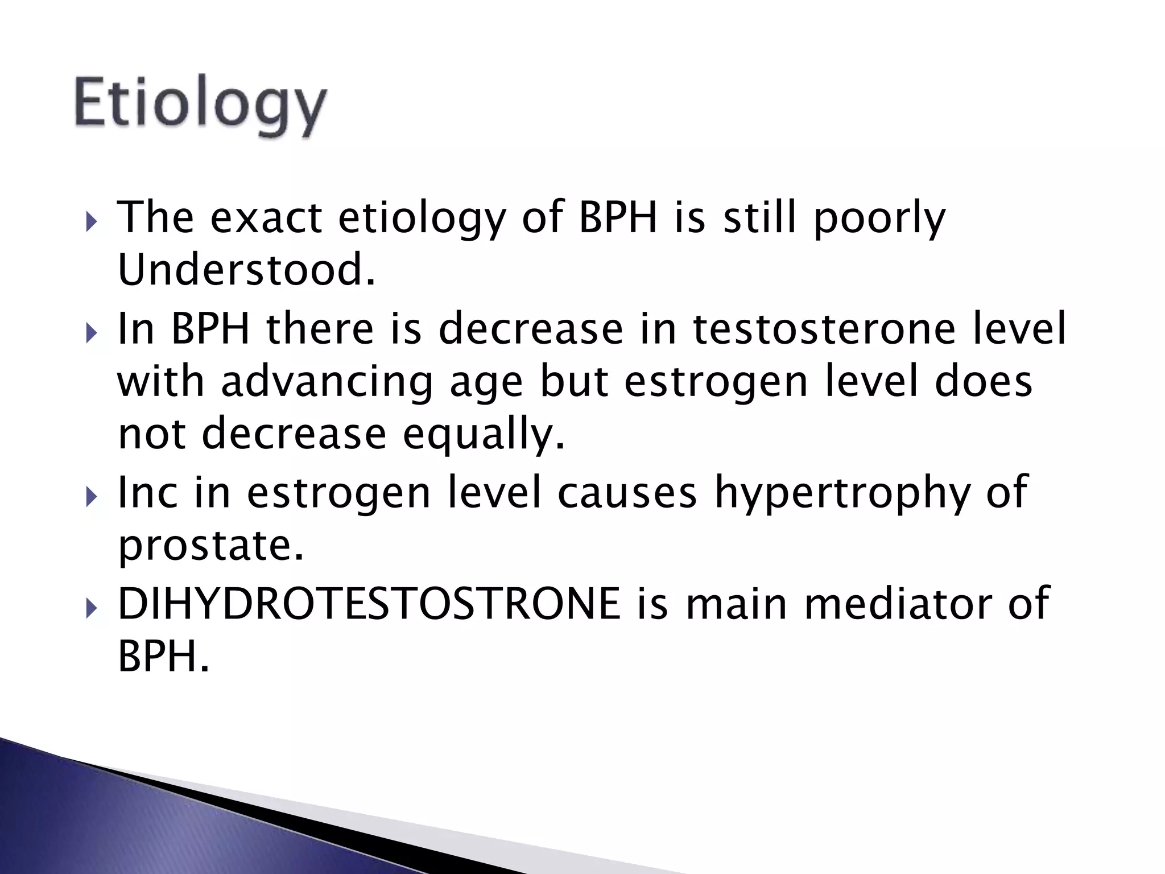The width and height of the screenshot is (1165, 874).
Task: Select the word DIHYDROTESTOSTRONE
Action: point(369,604)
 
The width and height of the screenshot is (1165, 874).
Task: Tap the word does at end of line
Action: point(984,382)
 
